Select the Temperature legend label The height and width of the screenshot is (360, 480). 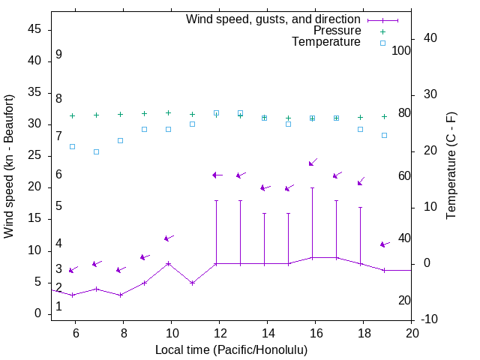click(326, 43)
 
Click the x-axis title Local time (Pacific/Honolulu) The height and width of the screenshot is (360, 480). click(231, 350)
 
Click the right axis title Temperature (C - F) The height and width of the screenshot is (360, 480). click(451, 166)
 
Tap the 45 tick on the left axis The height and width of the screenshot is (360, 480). click(34, 29)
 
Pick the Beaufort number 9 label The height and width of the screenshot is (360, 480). click(58, 55)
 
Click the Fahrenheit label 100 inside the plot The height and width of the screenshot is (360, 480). click(401, 50)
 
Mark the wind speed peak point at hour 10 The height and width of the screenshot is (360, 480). click(169, 263)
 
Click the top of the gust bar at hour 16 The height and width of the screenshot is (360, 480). click(312, 188)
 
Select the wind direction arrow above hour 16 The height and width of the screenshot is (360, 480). click(313, 162)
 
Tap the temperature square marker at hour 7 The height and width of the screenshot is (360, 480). click(96, 151)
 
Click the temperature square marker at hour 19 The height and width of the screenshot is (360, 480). click(384, 135)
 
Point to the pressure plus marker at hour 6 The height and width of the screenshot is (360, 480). click(72, 116)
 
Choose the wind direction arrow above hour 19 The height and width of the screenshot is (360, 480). click(385, 244)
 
